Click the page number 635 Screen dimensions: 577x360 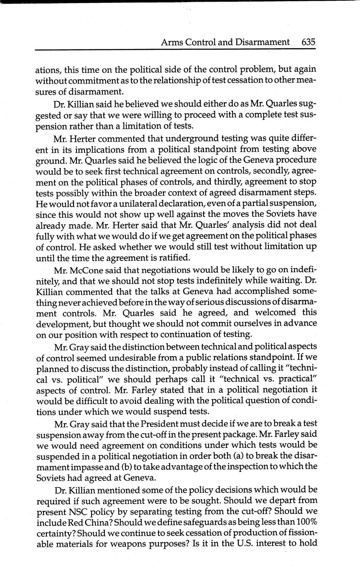coord(308,42)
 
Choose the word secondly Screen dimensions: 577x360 coord(265,171)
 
